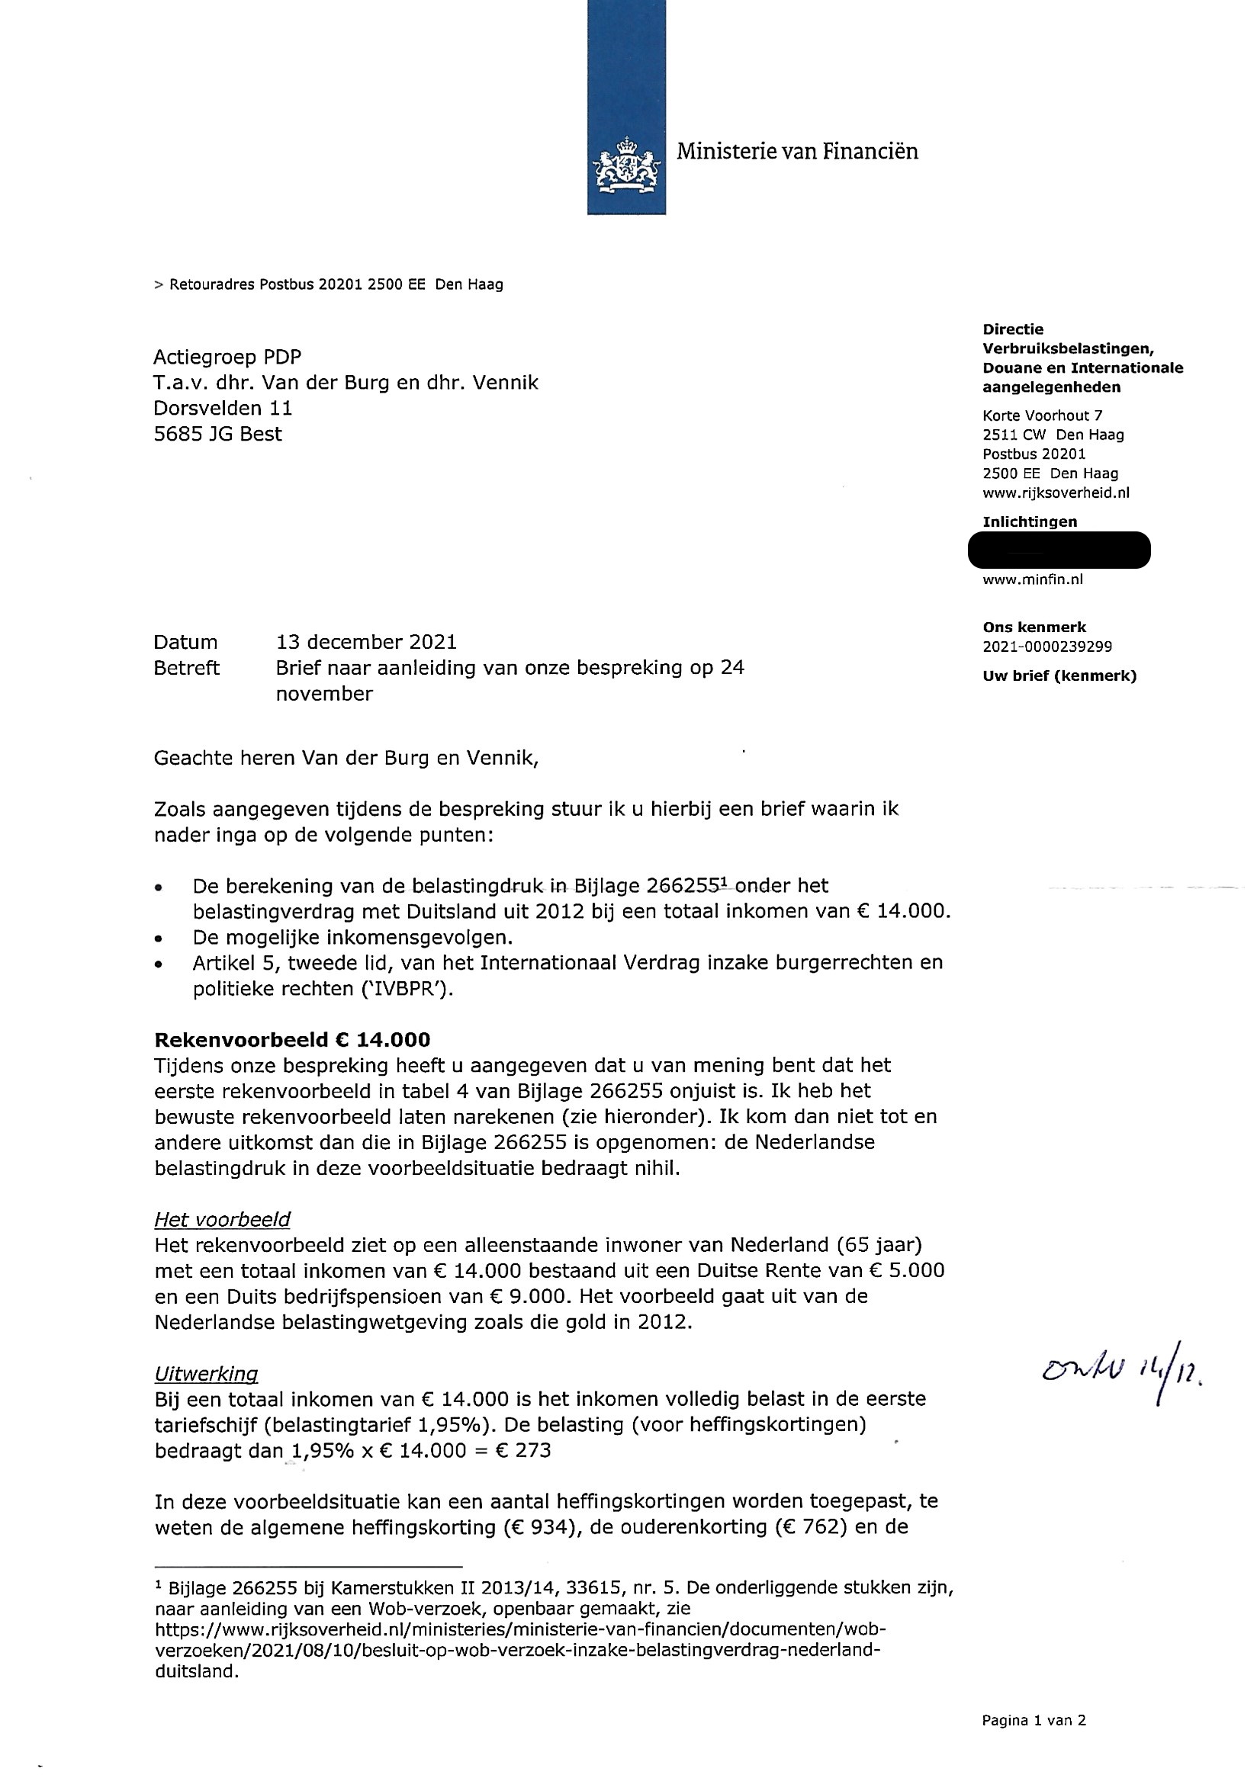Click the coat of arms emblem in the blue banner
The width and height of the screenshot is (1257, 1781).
coord(625,165)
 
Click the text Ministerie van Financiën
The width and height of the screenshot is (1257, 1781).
coord(797,151)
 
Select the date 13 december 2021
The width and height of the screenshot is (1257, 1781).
coord(366,642)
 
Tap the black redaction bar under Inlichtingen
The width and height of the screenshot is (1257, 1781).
coord(1059,550)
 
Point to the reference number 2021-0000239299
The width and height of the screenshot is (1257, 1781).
coord(1046,647)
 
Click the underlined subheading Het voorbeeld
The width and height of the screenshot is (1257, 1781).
coord(222,1219)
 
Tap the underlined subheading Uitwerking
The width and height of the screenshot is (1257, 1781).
coord(206,1374)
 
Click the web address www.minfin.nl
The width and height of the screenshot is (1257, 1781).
coord(1032,579)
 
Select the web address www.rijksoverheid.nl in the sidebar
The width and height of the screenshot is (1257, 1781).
coord(1056,493)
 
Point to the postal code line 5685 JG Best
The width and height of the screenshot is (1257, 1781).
coord(217,434)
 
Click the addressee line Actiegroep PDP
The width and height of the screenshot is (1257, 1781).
coord(227,357)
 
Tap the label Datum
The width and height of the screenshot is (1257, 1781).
coord(185,642)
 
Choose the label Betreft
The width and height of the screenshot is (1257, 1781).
coord(186,668)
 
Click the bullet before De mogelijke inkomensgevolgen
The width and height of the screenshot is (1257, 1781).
coord(159,939)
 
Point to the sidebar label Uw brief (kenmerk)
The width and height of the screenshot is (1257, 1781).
coord(1059,675)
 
